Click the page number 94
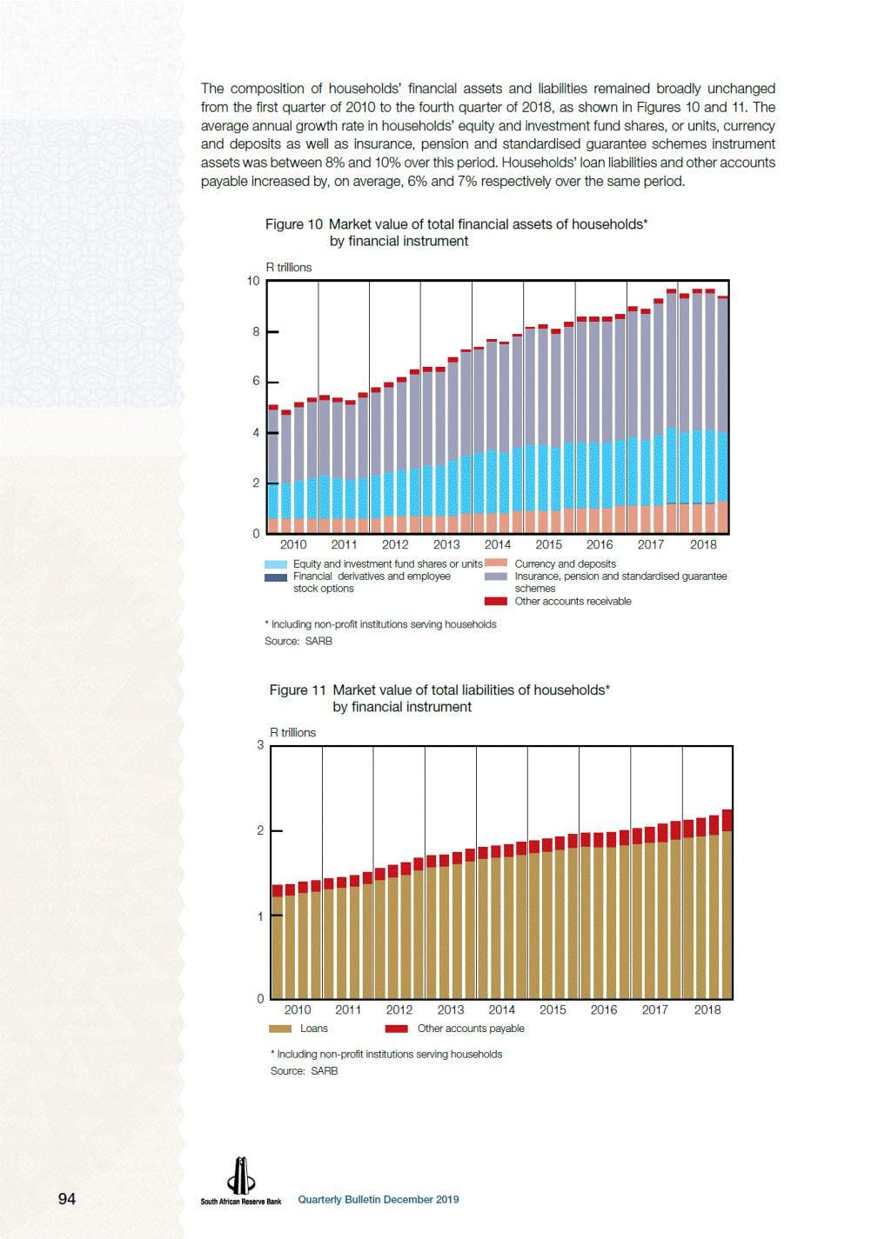pyautogui.click(x=67, y=1199)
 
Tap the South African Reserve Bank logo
pyautogui.click(x=241, y=1181)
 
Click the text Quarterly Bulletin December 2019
pyautogui.click(x=379, y=1199)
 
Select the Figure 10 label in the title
pyautogui.click(x=293, y=224)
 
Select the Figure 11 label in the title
pyautogui.click(x=298, y=689)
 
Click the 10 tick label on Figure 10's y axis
pyautogui.click(x=253, y=281)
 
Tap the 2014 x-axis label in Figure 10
pyautogui.click(x=498, y=545)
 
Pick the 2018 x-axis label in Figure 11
pyautogui.click(x=707, y=1010)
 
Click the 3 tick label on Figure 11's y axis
pyautogui.click(x=260, y=745)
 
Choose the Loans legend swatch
pyautogui.click(x=280, y=1029)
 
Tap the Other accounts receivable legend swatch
pyautogui.click(x=496, y=602)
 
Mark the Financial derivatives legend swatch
pyautogui.click(x=276, y=577)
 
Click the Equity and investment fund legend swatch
pyautogui.click(x=276, y=564)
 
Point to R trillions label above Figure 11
pyautogui.click(x=293, y=732)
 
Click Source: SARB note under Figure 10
pyautogui.click(x=298, y=641)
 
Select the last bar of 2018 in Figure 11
pyautogui.click(x=727, y=903)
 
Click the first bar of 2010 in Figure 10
pyautogui.click(x=273, y=469)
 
